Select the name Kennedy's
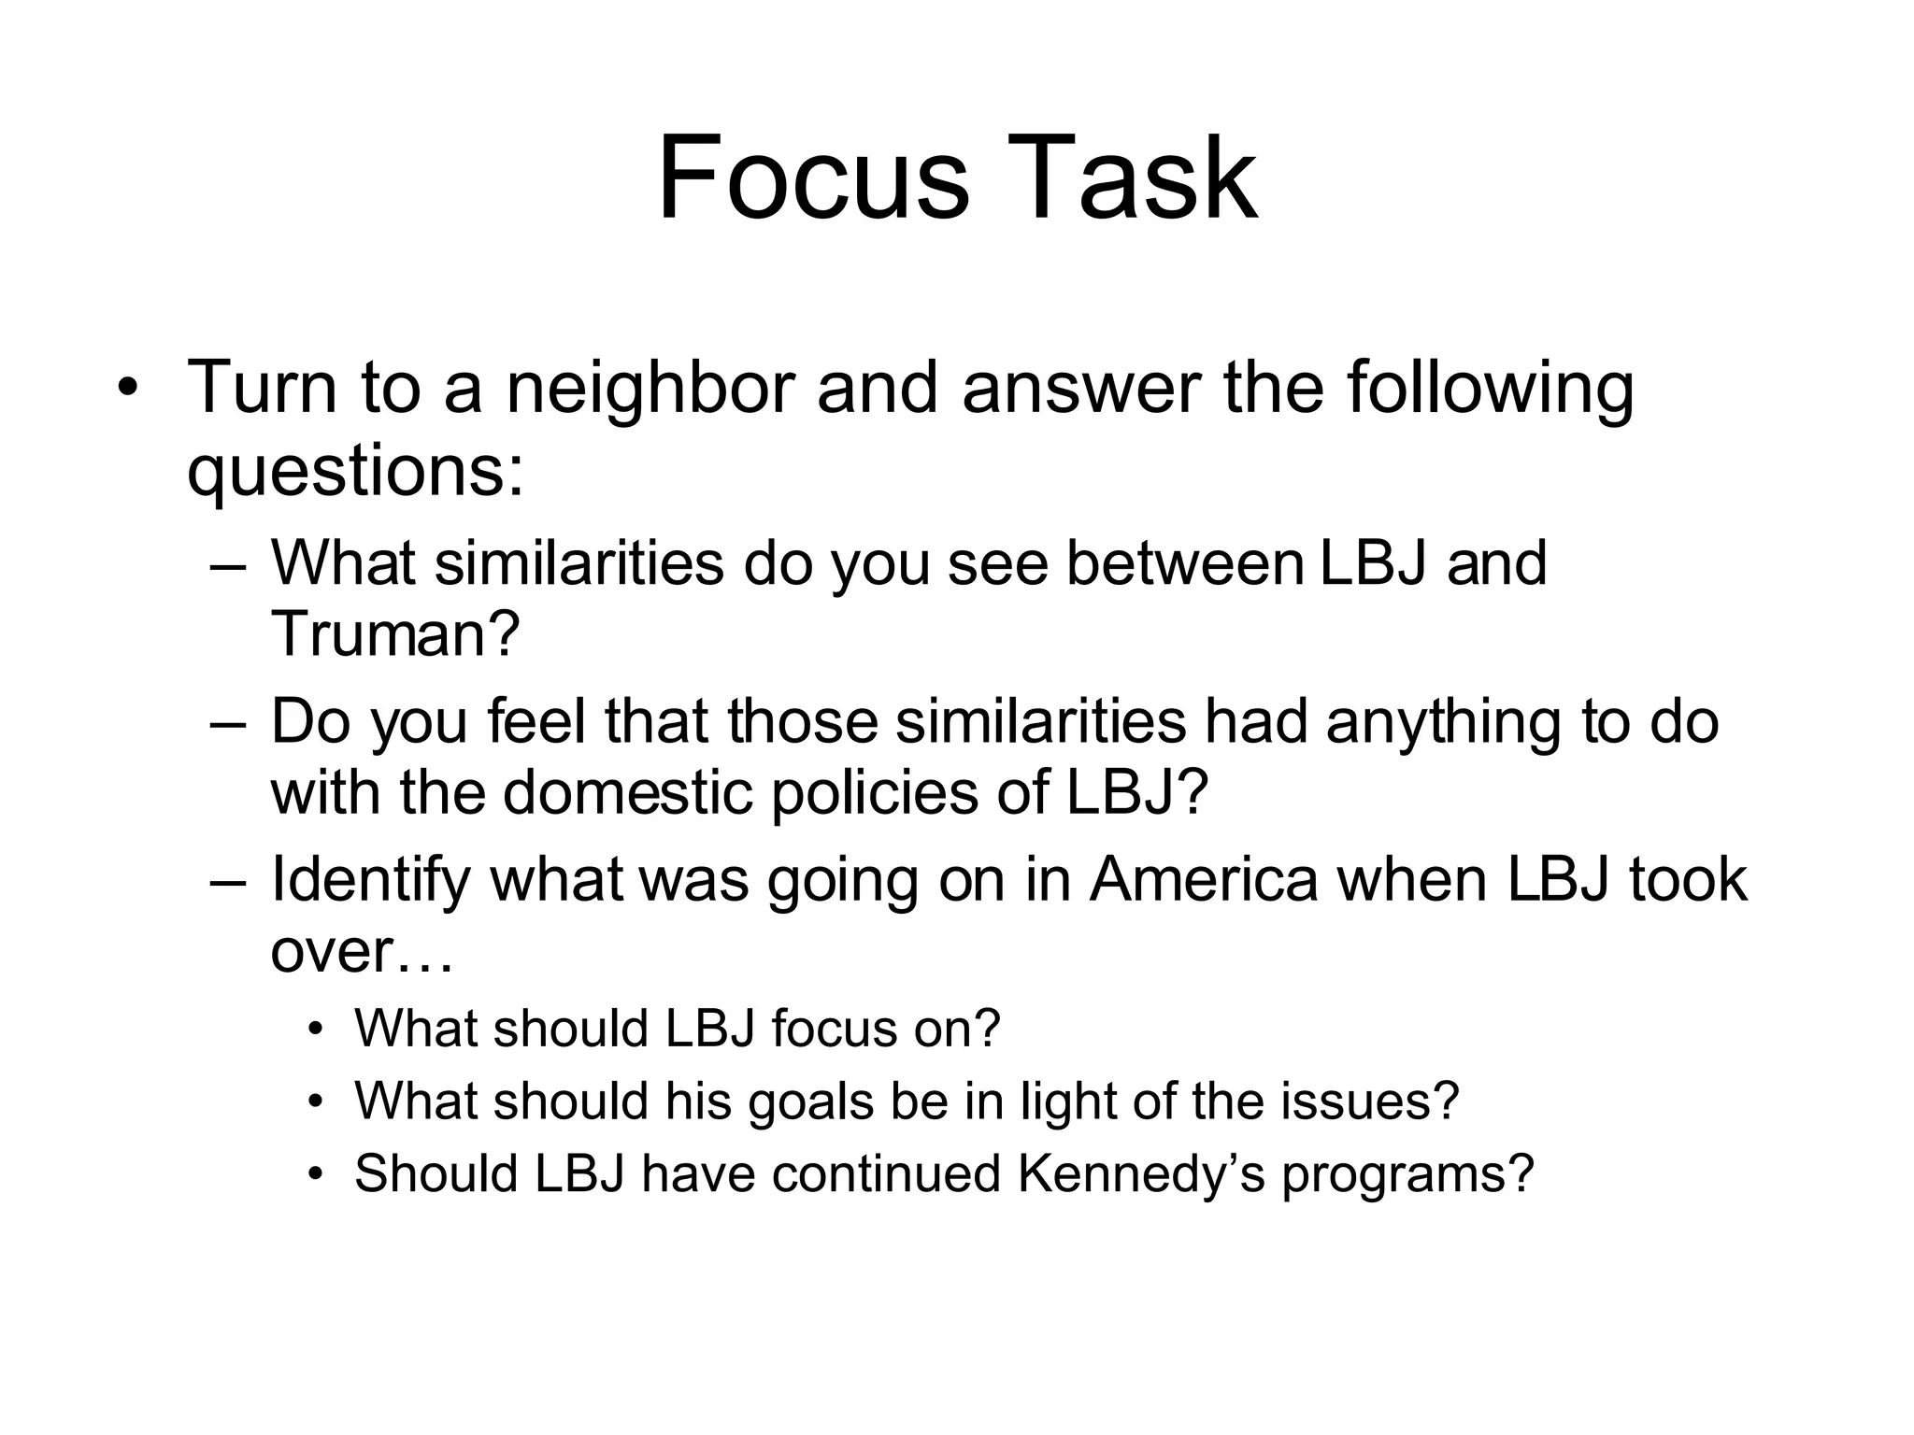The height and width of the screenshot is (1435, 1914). [x=1141, y=1173]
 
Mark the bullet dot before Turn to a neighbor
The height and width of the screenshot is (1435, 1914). [x=127, y=389]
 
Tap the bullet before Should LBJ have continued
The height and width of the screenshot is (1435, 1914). [x=317, y=1174]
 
